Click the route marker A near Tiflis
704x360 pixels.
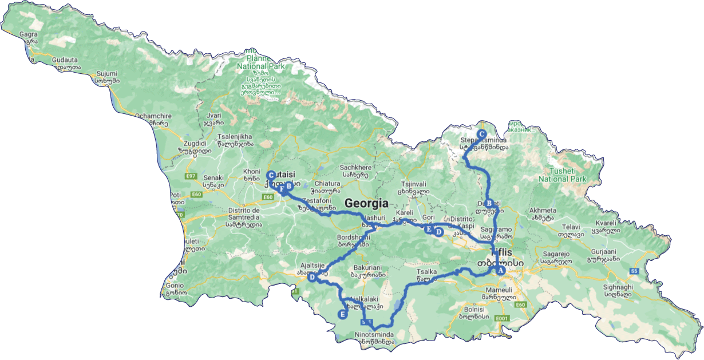point(500,271)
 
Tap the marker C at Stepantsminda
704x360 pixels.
point(481,133)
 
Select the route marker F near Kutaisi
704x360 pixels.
point(282,188)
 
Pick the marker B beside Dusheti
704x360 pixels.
point(489,203)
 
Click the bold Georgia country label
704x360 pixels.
point(366,204)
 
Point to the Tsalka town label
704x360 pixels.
point(428,272)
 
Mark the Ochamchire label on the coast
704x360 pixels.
point(151,116)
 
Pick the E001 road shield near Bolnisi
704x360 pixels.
point(502,318)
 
